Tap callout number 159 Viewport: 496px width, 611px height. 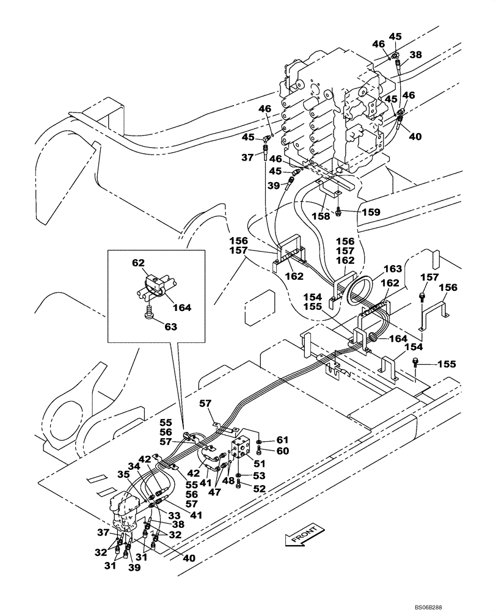point(370,212)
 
